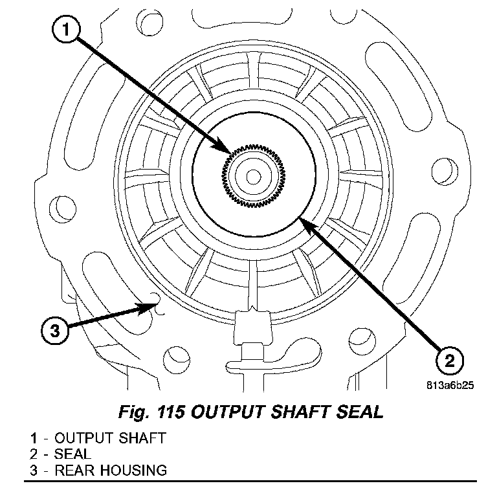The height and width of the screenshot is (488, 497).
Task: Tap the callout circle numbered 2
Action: [x=448, y=358]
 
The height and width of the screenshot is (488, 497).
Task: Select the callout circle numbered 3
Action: [x=55, y=330]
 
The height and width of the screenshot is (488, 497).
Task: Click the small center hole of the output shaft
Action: [x=254, y=175]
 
